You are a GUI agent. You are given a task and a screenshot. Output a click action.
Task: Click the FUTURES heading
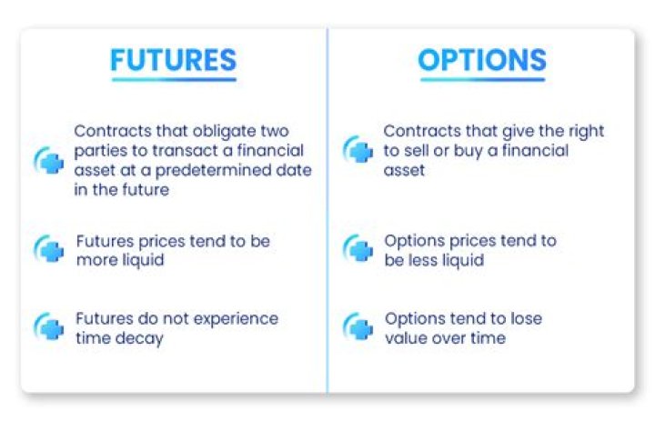[x=173, y=60]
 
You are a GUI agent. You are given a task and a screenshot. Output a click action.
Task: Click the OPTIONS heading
[x=481, y=60]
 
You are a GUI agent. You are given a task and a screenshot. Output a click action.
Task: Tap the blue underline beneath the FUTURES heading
[x=173, y=80]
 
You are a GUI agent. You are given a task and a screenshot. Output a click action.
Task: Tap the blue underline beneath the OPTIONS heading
[x=481, y=80]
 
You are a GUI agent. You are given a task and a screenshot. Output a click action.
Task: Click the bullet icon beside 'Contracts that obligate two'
[x=49, y=160]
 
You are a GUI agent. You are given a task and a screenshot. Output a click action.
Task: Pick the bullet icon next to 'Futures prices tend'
[x=49, y=249]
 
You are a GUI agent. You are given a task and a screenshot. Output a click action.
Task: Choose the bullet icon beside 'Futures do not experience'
[x=49, y=327]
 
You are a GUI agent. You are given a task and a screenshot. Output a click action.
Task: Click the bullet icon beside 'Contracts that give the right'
[x=358, y=150]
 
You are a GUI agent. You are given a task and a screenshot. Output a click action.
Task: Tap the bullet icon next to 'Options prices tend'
[x=358, y=249]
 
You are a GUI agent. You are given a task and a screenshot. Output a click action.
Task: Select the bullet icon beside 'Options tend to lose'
[x=358, y=327]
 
